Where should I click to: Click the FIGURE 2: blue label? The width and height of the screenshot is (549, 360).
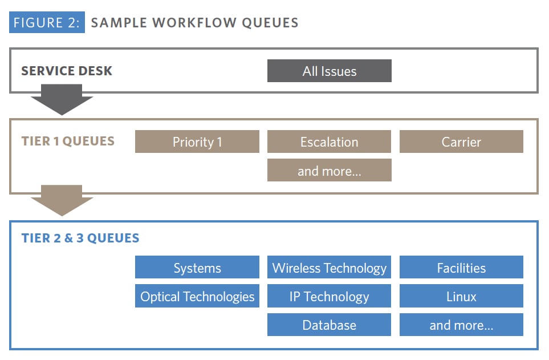(x=47, y=23)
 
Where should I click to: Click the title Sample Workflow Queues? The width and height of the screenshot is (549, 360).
(x=194, y=23)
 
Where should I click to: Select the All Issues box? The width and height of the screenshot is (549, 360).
(x=329, y=71)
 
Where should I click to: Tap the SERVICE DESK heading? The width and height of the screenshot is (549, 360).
(x=67, y=71)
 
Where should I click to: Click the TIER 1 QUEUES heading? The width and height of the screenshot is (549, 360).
(x=68, y=141)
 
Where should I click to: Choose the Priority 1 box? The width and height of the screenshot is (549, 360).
(x=197, y=142)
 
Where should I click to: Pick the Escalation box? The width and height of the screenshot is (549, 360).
(x=329, y=142)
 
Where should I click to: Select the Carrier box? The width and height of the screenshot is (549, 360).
(x=461, y=142)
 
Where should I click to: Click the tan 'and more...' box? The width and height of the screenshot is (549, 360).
(x=329, y=171)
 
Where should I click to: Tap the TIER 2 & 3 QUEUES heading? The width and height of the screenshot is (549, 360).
(x=80, y=238)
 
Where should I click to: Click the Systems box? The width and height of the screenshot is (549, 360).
(x=197, y=268)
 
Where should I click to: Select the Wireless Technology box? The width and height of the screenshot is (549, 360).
(x=329, y=268)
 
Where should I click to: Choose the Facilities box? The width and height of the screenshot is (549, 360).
(x=461, y=268)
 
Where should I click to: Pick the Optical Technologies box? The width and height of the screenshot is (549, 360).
(x=197, y=296)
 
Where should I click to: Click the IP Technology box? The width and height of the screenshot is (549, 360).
(x=329, y=296)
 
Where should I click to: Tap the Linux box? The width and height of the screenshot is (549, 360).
(x=461, y=296)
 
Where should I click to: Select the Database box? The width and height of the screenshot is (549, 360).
(x=329, y=325)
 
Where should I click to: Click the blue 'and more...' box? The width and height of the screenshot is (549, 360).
(x=461, y=325)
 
